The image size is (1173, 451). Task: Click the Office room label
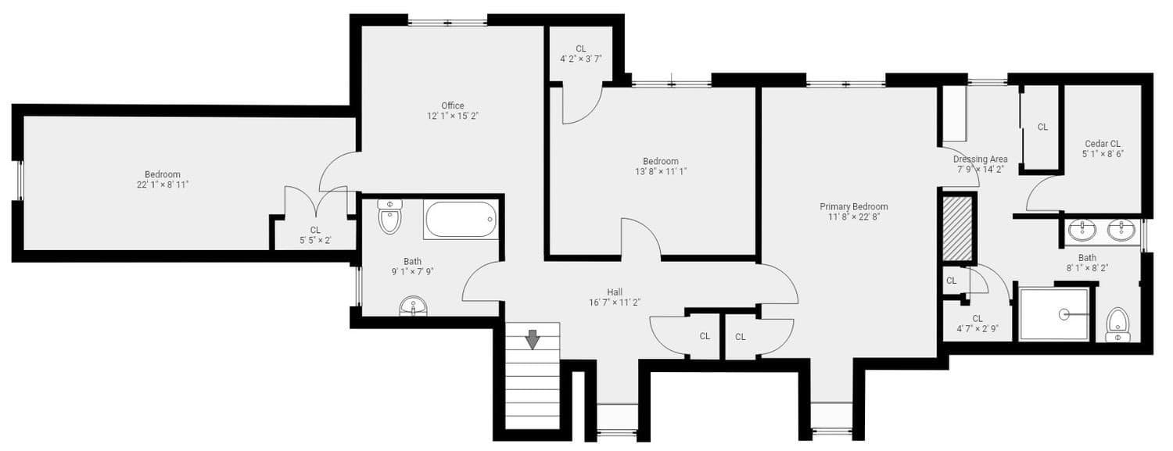[x=453, y=106]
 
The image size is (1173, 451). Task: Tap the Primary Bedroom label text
[x=854, y=206]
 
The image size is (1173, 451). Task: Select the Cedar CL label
[x=1103, y=144]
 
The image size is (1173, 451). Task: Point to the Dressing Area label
[x=981, y=159]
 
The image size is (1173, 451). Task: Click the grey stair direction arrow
[x=533, y=339]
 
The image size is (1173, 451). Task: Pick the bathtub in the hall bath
[x=461, y=220]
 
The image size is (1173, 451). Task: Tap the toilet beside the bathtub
[x=389, y=217]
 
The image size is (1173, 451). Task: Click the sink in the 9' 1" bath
[x=413, y=306]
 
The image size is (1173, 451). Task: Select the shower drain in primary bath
[x=1064, y=314]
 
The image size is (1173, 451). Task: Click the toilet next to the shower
[x=1117, y=325]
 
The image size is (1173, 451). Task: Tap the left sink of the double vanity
[x=1082, y=231]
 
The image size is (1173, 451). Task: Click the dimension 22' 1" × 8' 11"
[x=163, y=184]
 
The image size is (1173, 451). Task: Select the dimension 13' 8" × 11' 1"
[x=661, y=172]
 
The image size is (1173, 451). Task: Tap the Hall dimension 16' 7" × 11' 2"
[x=615, y=302]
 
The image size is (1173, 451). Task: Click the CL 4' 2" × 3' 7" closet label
[x=581, y=54]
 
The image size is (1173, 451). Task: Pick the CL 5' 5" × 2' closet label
[x=315, y=235]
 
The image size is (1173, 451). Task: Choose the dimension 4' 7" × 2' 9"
[x=977, y=329]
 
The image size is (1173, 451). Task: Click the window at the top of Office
[x=448, y=23]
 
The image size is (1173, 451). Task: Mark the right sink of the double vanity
[x=1121, y=231]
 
